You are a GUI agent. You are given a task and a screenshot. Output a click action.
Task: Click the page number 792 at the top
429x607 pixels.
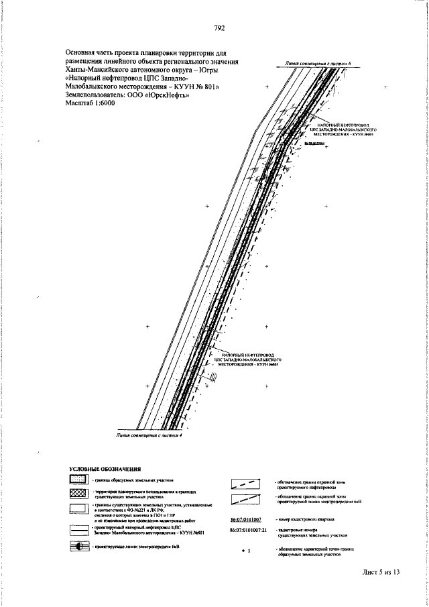click(219, 28)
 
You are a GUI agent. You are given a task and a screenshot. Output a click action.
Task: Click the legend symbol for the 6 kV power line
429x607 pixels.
click(79, 547)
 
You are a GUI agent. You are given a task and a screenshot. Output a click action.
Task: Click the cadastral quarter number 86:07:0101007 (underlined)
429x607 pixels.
click(245, 519)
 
